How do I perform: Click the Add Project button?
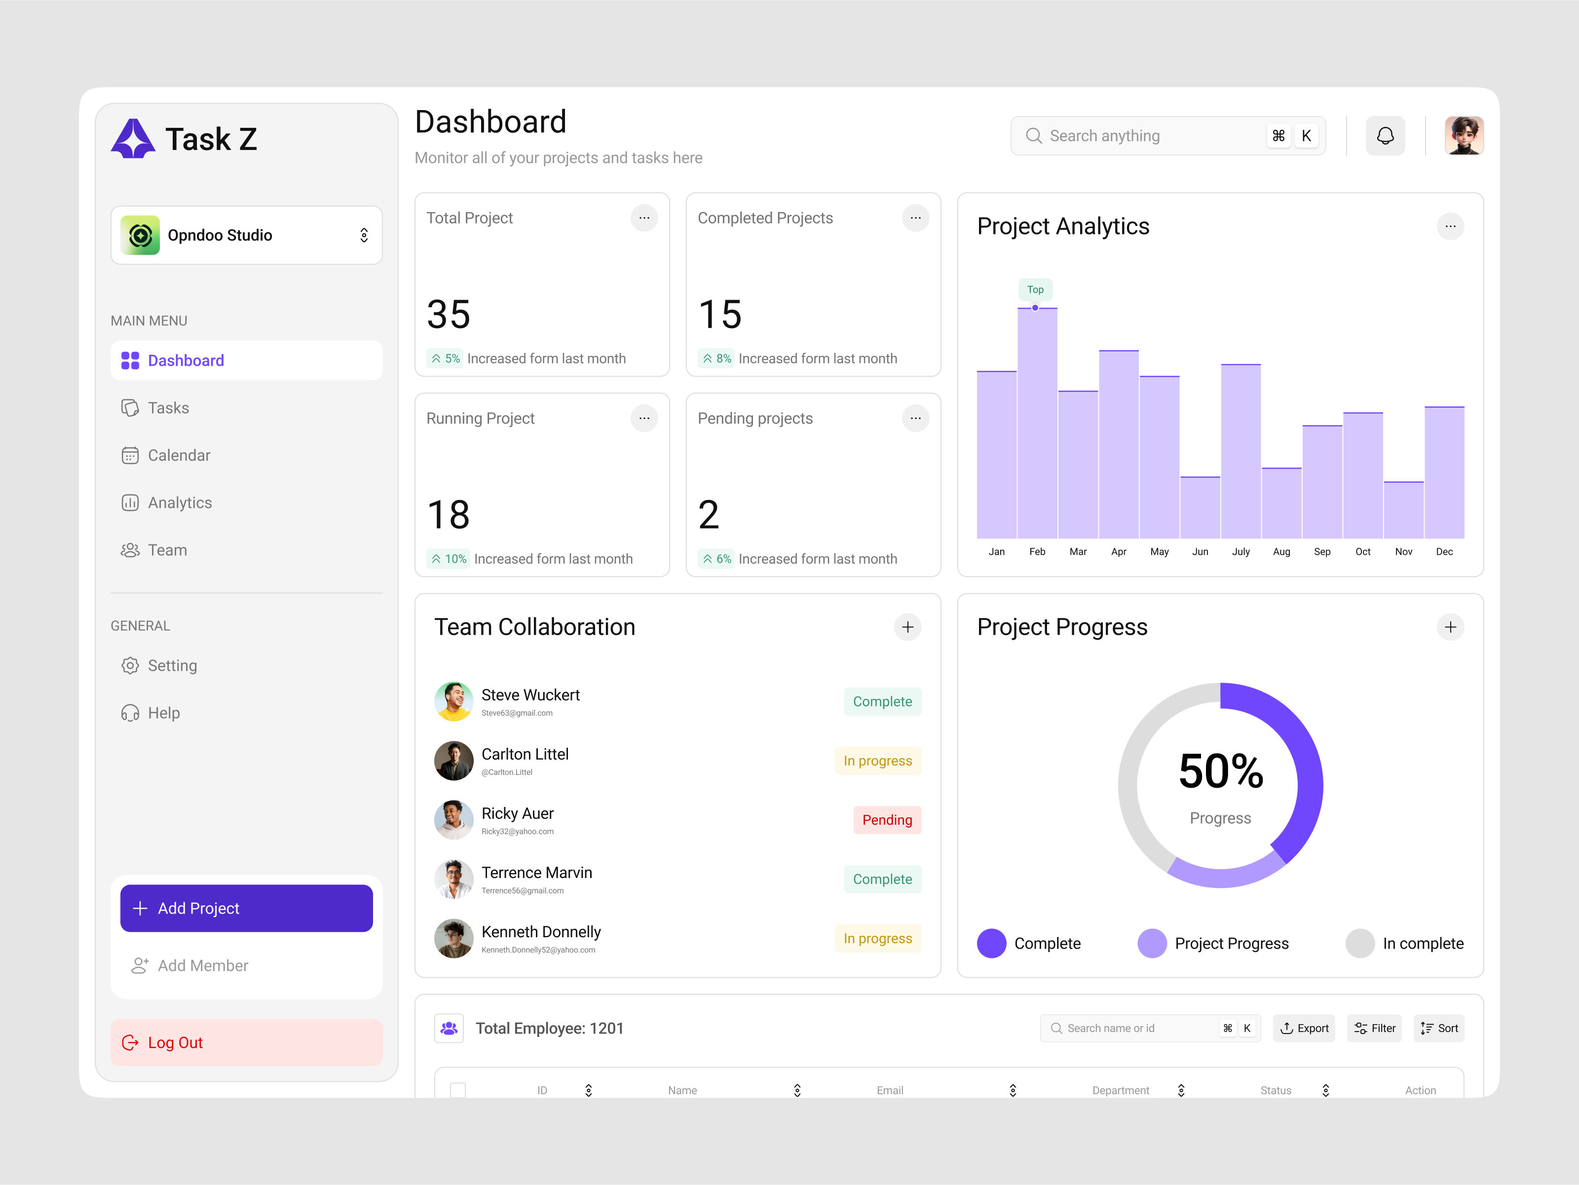[246, 908]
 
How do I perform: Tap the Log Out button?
[246, 1042]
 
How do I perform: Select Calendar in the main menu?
[179, 456]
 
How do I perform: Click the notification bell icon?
[1385, 136]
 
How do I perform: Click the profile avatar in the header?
[1464, 136]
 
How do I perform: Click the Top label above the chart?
[1035, 289]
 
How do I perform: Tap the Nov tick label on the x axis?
[1403, 552]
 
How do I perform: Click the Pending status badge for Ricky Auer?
[887, 819]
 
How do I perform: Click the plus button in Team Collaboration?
[907, 627]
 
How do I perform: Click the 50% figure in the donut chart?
[1221, 771]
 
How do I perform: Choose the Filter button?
[1374, 1028]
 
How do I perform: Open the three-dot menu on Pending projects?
[915, 419]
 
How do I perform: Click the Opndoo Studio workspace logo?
[141, 235]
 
